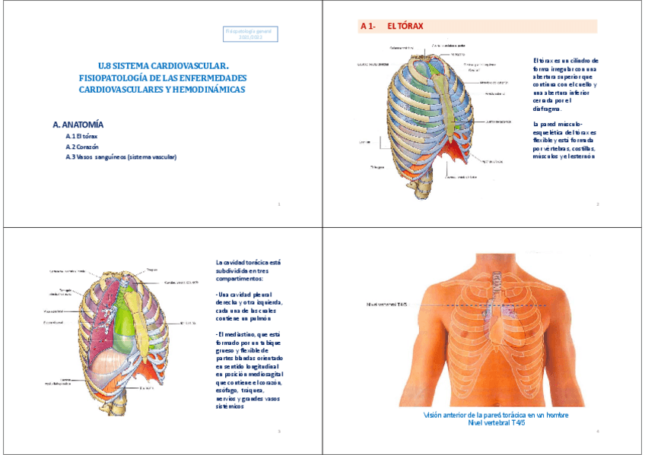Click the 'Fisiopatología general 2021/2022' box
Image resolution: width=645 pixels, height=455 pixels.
point(248,33)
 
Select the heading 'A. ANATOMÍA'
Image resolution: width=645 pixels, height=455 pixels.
point(78,124)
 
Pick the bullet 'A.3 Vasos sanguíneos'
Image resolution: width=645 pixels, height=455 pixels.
point(121,157)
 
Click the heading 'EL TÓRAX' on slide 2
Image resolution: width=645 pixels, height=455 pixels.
point(405,27)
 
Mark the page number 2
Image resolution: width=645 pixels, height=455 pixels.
point(597,204)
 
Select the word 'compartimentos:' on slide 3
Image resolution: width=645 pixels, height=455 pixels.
point(240,279)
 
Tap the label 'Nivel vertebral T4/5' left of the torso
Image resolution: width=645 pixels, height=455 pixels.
point(387,305)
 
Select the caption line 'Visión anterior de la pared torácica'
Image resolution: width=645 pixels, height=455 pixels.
point(495,416)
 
